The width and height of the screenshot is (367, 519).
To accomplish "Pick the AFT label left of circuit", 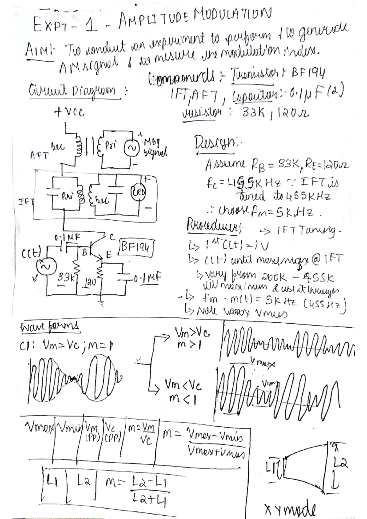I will pos(39,155).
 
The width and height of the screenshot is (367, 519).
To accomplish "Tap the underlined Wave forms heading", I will pos(49,326).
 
